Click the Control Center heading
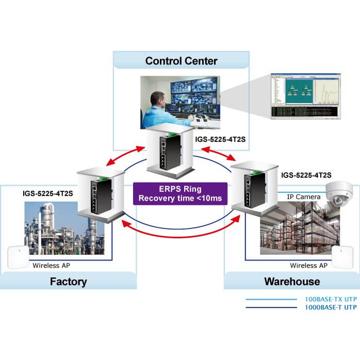tap(181, 61)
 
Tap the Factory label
tap(68, 282)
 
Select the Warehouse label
tap(292, 282)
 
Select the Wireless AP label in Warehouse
tap(308, 266)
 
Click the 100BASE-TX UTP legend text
tap(331, 300)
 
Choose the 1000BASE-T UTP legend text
tap(331, 308)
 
